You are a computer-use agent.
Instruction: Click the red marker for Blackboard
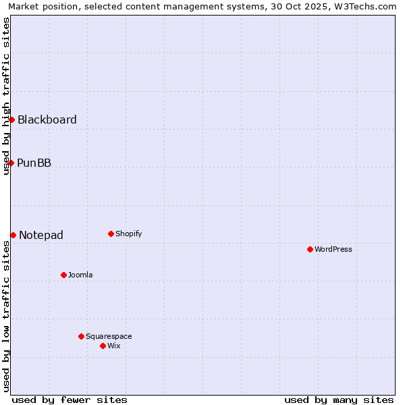(11, 119)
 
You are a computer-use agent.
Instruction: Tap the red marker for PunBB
(11, 163)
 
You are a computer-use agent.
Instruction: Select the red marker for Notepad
(13, 235)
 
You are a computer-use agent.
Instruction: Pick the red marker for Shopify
(111, 234)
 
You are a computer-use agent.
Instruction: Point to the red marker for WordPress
(310, 249)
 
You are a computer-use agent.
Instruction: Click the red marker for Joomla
(63, 275)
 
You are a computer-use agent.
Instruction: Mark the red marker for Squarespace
(81, 336)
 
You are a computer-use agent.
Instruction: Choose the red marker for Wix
(103, 346)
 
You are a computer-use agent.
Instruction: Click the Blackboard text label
(47, 119)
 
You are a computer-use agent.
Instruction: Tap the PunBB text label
(34, 163)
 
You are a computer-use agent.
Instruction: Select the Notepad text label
(41, 235)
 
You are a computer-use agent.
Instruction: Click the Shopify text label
(129, 234)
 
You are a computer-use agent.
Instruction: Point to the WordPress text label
(333, 249)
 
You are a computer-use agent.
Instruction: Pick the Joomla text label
(80, 275)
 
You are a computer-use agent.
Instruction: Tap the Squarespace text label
(109, 336)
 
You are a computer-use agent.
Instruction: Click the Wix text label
(114, 346)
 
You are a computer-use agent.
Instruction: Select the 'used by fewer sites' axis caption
(70, 400)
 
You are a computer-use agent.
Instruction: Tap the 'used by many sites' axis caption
(339, 400)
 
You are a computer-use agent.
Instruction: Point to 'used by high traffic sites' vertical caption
(6, 96)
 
